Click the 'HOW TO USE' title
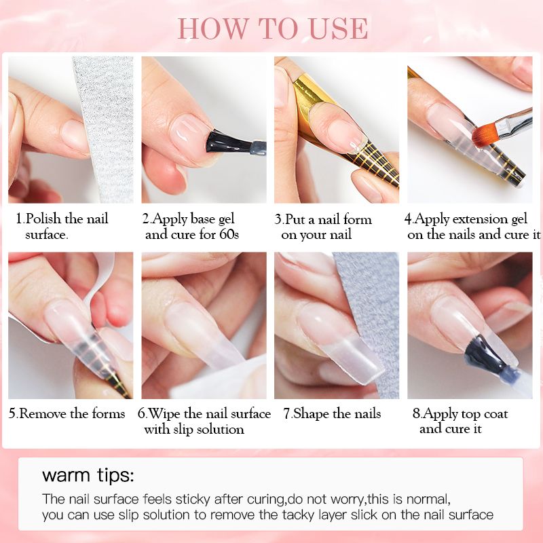click(273, 29)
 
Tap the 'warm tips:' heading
click(88, 474)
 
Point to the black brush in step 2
click(236, 143)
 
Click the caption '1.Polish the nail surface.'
click(62, 227)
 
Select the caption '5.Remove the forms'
click(67, 413)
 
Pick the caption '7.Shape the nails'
click(332, 413)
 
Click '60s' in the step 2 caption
click(229, 234)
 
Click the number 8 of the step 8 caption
click(417, 414)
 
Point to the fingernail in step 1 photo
click(74, 136)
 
